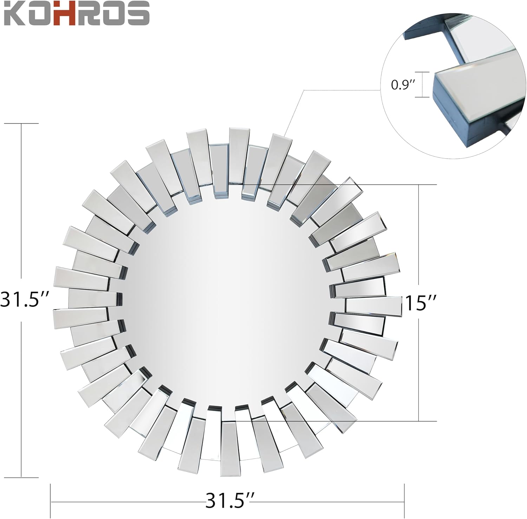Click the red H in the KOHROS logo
(71, 14)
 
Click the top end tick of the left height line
(22, 124)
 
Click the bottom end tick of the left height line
(22, 477)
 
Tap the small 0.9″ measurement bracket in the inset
(424, 84)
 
